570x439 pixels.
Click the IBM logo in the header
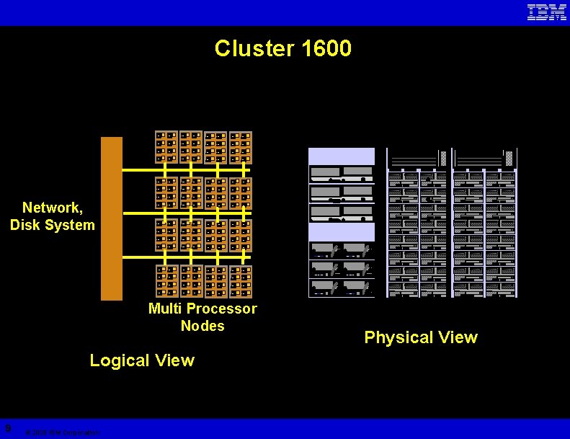546,12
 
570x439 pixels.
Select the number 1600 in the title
327,49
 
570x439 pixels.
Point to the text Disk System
53,225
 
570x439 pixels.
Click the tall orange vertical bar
112,218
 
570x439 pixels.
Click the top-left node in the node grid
166,147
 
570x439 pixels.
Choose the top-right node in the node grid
241,147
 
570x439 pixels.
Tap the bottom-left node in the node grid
166,282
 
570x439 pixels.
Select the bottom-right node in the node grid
241,282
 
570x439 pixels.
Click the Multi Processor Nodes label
202,317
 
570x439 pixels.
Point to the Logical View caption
142,360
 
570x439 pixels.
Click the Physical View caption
421,337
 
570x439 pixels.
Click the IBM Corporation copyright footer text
62,433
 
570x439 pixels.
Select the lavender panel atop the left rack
342,156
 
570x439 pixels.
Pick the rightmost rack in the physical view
485,223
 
